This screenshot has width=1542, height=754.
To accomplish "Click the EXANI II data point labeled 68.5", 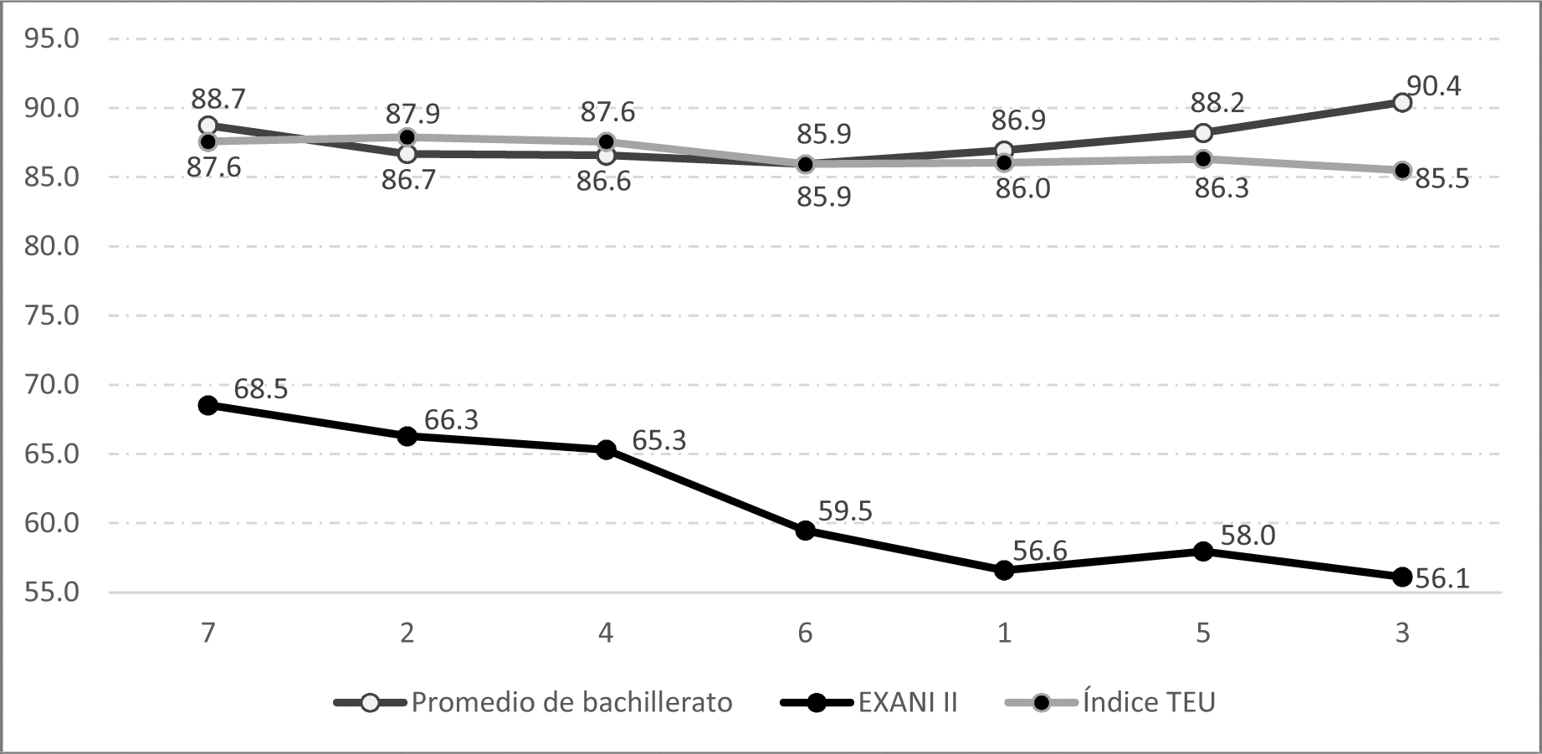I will (208, 405).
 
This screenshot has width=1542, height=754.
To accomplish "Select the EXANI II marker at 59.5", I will (805, 531).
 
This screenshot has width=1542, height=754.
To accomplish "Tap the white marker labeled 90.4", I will (1402, 102).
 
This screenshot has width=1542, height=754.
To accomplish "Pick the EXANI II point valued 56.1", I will (1402, 577).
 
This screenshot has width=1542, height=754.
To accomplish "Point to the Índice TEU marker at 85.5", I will (1402, 171).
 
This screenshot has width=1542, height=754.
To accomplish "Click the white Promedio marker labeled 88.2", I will (1203, 132).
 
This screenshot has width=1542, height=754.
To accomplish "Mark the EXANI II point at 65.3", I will (606, 449).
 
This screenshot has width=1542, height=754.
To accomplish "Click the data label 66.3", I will (451, 419).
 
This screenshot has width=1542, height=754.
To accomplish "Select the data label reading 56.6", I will (1040, 551).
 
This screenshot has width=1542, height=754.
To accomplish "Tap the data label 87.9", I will (412, 113).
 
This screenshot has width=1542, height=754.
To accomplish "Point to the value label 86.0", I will (1022, 189).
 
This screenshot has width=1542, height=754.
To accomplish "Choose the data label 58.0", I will (1247, 535).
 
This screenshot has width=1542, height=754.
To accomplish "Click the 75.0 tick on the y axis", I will (52, 315).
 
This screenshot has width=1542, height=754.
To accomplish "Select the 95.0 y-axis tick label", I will (52, 38).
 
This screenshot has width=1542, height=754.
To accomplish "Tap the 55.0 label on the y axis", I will (52, 592).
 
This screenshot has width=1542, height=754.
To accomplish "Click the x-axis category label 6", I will (805, 633).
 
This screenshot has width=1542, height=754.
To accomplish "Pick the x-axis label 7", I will (208, 633).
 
